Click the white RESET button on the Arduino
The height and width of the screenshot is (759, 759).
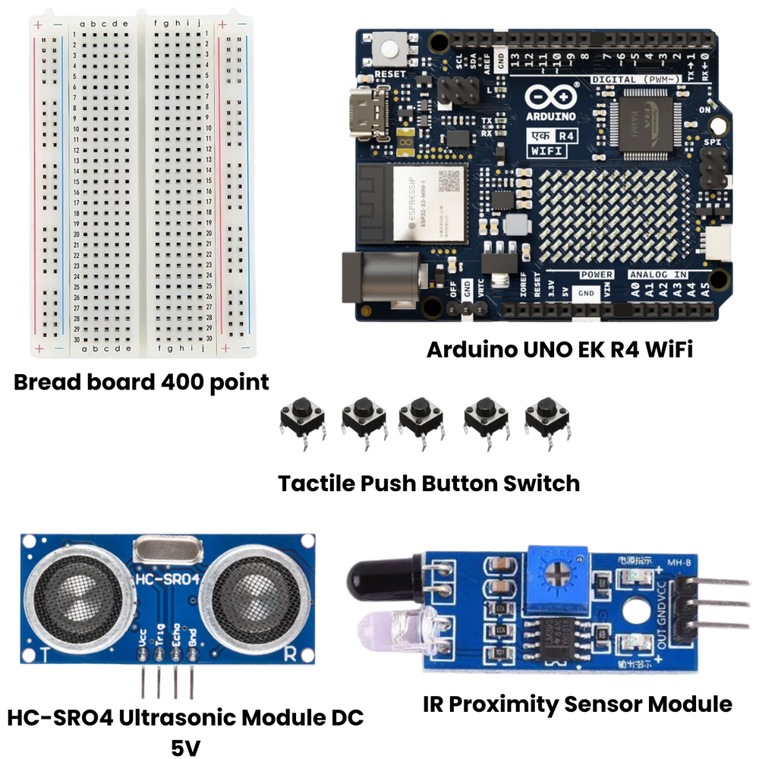[391, 49]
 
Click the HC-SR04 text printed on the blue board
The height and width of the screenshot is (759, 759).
[167, 580]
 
